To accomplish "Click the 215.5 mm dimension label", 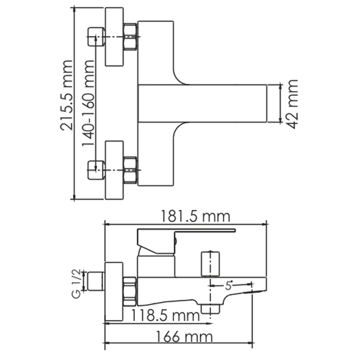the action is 66,95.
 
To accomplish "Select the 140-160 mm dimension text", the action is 88,103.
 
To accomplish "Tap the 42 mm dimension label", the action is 292,104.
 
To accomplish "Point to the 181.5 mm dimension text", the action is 195,216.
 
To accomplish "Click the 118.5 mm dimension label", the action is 165,316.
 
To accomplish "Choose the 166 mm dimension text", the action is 184,337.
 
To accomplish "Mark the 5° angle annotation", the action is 229,285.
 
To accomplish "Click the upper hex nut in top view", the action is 130,37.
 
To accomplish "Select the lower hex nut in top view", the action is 130,170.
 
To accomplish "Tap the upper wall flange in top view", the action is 114,37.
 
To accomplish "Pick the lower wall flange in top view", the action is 114,170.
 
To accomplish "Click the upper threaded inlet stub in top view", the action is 96,37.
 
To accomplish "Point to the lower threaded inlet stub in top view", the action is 96,170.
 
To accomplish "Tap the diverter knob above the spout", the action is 210,264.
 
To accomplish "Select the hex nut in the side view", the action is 130,292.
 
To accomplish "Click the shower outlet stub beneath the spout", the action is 211,309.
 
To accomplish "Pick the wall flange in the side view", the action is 114,292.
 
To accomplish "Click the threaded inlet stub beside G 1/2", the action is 96,281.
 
